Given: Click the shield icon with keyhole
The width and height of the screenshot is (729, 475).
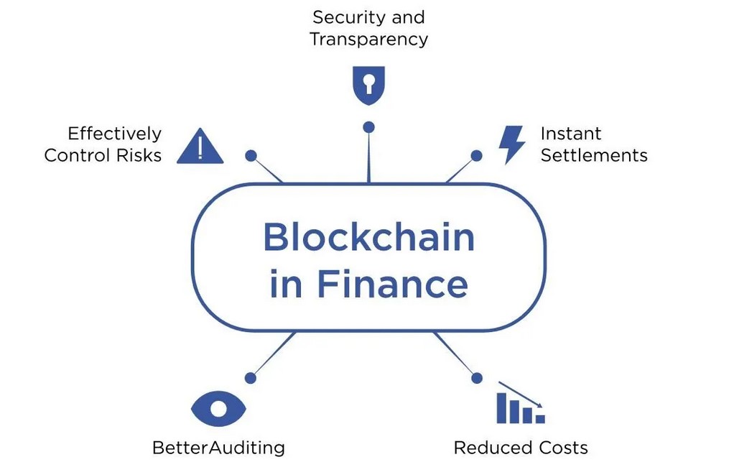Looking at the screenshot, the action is (x=368, y=86).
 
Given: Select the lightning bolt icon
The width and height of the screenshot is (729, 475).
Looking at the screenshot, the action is (x=511, y=144).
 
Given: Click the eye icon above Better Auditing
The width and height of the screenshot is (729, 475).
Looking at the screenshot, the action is (x=218, y=409).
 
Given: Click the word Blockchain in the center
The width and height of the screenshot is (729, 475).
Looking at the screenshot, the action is (x=368, y=237).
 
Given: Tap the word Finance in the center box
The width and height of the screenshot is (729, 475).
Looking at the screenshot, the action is (x=392, y=284).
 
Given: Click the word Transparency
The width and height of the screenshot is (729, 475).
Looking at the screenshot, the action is (x=368, y=40).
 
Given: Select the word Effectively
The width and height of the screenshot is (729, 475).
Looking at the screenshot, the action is (x=115, y=134).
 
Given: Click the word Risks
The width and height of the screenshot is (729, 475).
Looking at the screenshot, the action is (x=139, y=155).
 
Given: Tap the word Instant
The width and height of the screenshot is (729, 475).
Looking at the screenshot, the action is (x=571, y=134).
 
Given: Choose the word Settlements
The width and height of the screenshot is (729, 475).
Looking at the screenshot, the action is (x=594, y=155).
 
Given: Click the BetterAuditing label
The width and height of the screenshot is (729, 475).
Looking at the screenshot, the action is (x=218, y=448).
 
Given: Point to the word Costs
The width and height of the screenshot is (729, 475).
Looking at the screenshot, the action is (x=564, y=448).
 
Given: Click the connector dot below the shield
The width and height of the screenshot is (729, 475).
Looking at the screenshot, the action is (x=368, y=127).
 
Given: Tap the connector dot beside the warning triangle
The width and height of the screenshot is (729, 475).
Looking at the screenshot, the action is (x=251, y=155).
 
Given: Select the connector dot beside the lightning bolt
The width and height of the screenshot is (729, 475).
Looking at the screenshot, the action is (x=477, y=155).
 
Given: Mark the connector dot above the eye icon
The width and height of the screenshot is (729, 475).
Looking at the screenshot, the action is (x=251, y=378).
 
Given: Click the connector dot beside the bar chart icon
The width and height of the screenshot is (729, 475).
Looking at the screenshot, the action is (x=477, y=378).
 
